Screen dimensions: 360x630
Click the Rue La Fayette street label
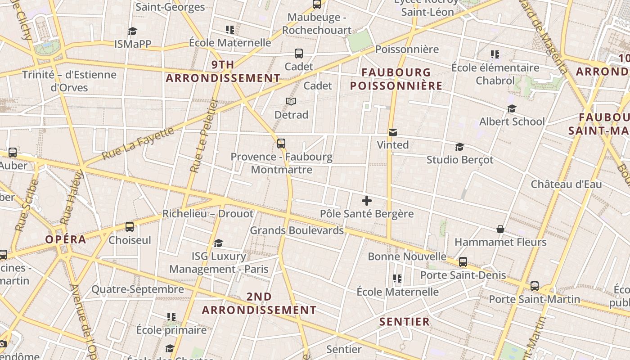pyautogui.click(x=138, y=144)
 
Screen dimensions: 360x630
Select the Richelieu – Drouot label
pyautogui.click(x=208, y=214)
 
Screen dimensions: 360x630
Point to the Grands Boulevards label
pyautogui.click(x=297, y=230)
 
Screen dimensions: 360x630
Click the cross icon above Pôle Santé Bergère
pyautogui.click(x=367, y=201)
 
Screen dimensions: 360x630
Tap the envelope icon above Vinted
pyautogui.click(x=393, y=132)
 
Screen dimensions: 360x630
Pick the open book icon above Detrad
pyautogui.click(x=291, y=102)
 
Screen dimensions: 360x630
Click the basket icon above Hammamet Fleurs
pyautogui.click(x=500, y=229)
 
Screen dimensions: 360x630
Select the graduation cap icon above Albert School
pyautogui.click(x=512, y=108)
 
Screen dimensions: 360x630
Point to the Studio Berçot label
pyautogui.click(x=460, y=160)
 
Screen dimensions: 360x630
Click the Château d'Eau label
pyautogui.click(x=566, y=184)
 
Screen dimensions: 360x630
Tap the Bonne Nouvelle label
pyautogui.click(x=407, y=256)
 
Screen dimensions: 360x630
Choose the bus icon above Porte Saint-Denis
pyautogui.click(x=463, y=262)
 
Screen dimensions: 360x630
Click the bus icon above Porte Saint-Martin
pyautogui.click(x=535, y=286)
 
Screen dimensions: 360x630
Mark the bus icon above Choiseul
pyautogui.click(x=130, y=227)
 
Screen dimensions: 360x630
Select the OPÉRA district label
pyautogui.click(x=66, y=239)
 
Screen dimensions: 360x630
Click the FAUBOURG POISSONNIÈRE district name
pyautogui.click(x=396, y=79)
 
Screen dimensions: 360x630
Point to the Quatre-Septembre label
pyautogui.click(x=138, y=289)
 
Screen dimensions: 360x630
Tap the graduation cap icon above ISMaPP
pyautogui.click(x=132, y=31)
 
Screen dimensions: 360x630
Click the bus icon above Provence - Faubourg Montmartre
pyautogui.click(x=281, y=144)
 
